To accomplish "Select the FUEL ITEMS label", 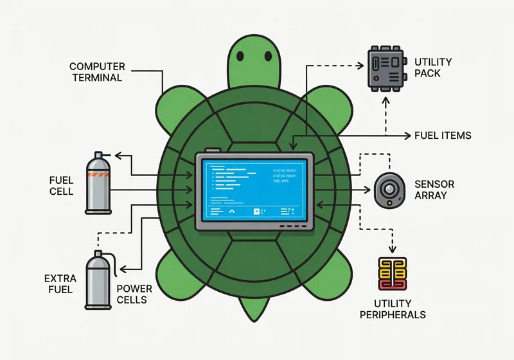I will pos(442,136).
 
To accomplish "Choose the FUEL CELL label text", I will pos(60,185).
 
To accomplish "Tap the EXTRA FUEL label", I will pos(60,284).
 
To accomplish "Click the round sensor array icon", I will pos(389,190).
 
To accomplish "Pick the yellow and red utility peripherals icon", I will pos(392,276).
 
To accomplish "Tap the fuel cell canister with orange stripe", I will pos(99,183).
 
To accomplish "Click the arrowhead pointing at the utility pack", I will pos(361,64).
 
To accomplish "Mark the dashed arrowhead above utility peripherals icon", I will pos(391,251).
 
